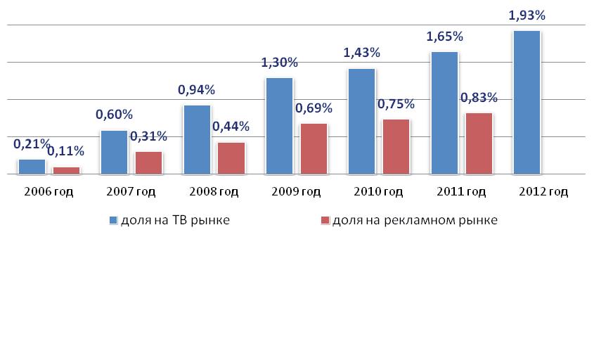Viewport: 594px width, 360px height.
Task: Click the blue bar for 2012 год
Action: [527, 102]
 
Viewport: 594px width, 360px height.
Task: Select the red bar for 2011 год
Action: [479, 143]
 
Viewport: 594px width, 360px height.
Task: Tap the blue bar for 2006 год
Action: [32, 166]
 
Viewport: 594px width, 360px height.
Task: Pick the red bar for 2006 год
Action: [67, 169]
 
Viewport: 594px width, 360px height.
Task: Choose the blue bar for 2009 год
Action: [280, 125]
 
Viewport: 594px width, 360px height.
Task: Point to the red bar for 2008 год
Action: [231, 157]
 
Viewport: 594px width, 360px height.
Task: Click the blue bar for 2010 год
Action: [362, 120]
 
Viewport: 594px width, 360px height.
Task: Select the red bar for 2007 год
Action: [149, 162]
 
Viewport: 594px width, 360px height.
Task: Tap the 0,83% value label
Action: [479, 98]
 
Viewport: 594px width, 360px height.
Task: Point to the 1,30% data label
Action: [279, 63]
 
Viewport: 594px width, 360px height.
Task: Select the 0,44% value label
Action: [232, 127]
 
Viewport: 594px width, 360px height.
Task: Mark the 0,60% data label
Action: [114, 115]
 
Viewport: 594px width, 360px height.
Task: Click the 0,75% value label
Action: [396, 104]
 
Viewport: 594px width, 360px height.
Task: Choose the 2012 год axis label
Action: [542, 192]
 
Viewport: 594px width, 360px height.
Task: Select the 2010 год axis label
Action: [377, 192]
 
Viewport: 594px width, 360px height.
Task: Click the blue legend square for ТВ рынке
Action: [114, 221]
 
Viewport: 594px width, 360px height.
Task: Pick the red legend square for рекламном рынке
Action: [325, 221]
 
